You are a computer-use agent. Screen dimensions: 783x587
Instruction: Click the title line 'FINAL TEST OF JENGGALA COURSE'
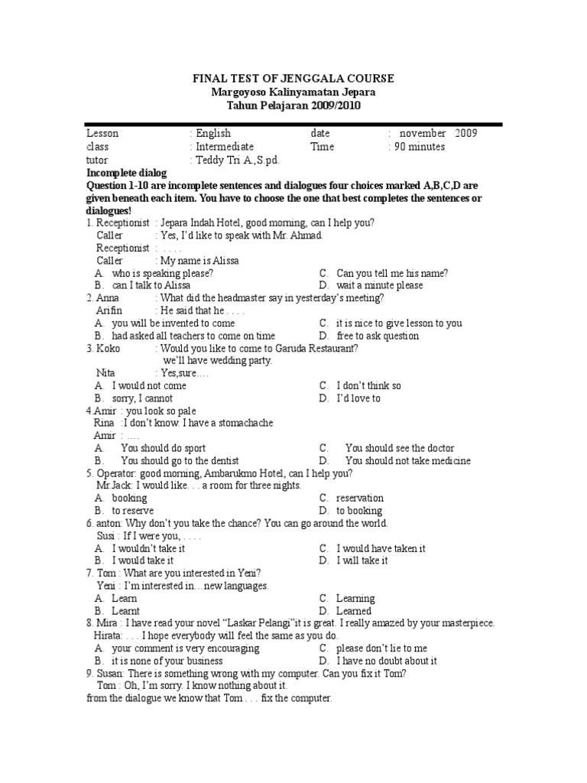click(293, 79)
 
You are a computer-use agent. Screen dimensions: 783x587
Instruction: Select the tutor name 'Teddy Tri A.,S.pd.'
click(230, 161)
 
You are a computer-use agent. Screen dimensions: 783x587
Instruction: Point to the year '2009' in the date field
click(466, 133)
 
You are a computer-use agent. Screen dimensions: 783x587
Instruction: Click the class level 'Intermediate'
click(225, 147)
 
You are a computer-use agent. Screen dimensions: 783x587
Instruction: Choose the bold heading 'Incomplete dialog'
click(126, 174)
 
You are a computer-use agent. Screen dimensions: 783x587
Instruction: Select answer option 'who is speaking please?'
click(162, 273)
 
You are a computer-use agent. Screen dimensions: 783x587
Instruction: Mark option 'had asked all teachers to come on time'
click(193, 336)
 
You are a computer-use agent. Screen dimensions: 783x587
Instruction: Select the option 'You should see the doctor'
click(399, 448)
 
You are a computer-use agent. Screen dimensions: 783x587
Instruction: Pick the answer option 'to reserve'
click(132, 511)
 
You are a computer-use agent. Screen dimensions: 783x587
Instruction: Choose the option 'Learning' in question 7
click(355, 599)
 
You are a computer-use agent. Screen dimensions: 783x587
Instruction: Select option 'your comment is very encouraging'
click(185, 648)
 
